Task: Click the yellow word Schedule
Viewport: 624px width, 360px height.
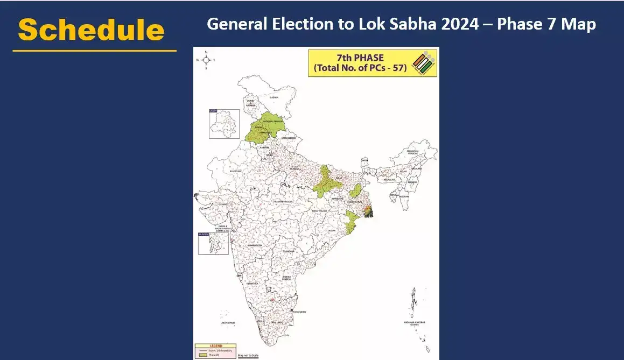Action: pyautogui.click(x=91, y=30)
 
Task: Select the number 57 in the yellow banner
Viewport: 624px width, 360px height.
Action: pyautogui.click(x=396, y=69)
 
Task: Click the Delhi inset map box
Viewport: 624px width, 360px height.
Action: pyautogui.click(x=224, y=124)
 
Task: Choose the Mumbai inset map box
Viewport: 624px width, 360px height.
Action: pyautogui.click(x=213, y=243)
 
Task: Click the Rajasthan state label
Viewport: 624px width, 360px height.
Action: pyautogui.click(x=235, y=171)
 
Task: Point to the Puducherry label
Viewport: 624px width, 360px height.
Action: pyautogui.click(x=299, y=312)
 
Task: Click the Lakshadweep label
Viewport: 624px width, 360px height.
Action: pyautogui.click(x=228, y=323)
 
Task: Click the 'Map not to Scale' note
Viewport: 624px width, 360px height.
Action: pyautogui.click(x=248, y=356)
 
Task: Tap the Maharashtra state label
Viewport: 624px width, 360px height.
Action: pyautogui.click(x=255, y=245)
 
